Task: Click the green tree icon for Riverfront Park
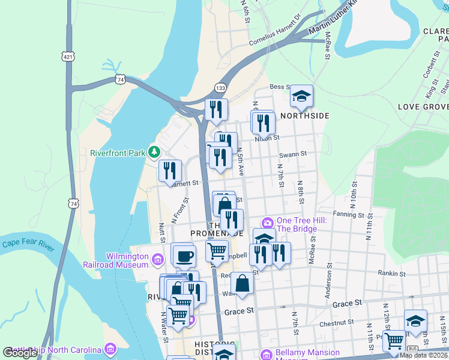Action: click(155, 152)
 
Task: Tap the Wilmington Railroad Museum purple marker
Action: click(157, 260)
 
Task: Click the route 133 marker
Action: click(221, 88)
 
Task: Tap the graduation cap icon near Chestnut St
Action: click(415, 320)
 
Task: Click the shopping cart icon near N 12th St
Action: click(394, 341)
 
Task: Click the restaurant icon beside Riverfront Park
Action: click(170, 170)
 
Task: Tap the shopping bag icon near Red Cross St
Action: click(241, 284)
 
